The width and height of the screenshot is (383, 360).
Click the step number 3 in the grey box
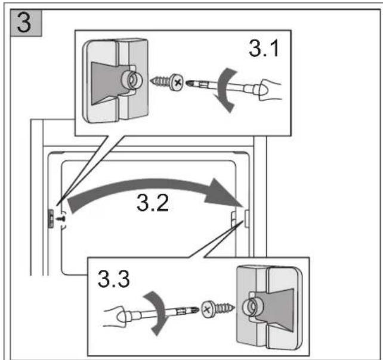coord(24,23)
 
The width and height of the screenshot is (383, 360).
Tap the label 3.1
coord(264,48)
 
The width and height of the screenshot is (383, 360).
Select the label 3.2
coord(153,203)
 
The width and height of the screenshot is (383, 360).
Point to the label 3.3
coord(113,279)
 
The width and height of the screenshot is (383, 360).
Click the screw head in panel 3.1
coord(177,82)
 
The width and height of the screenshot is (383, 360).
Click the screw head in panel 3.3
coord(208,309)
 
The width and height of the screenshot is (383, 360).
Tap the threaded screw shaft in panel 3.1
coord(160,82)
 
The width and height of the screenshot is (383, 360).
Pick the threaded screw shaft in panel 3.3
coord(224,308)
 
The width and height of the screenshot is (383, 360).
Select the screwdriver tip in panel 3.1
coord(189,83)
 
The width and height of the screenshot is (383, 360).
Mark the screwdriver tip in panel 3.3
coord(196,310)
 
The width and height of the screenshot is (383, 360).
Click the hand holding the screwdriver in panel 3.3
coord(116,316)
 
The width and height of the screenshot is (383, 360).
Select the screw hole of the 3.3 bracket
coord(251,307)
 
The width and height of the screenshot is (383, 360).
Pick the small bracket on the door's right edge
coord(247,218)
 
